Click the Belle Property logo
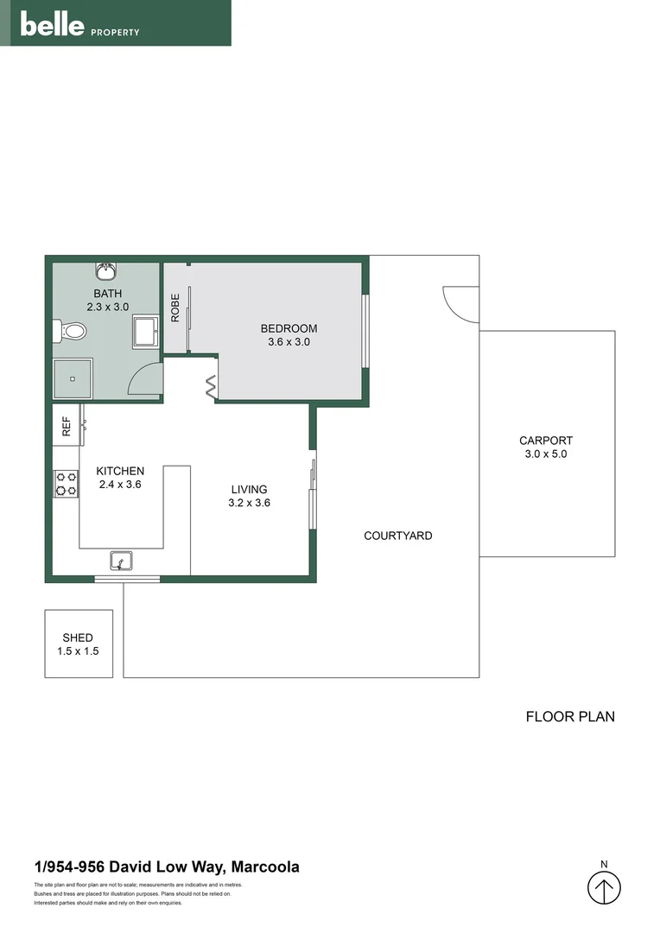click(79, 25)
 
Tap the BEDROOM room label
click(289, 328)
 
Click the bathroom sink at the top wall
click(106, 272)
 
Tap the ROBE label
click(175, 308)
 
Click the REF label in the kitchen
click(66, 425)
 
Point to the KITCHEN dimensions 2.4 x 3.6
click(120, 485)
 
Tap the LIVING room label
click(249, 489)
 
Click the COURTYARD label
click(397, 536)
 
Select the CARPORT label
click(546, 440)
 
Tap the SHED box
click(79, 644)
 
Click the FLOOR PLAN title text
click(570, 716)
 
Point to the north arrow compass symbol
click(605, 887)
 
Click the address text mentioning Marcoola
click(167, 867)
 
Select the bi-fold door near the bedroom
click(212, 387)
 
